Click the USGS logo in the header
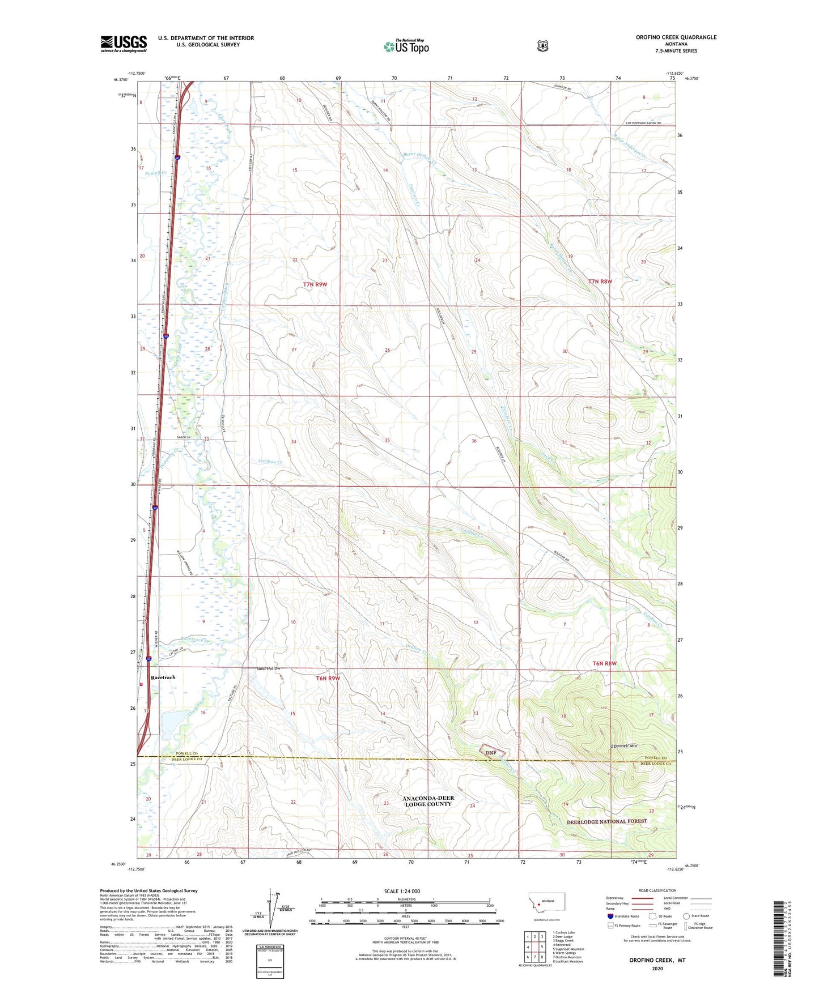[x=124, y=44]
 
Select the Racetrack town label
[x=163, y=677]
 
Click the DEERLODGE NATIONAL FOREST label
[x=606, y=821]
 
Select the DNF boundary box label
[x=491, y=752]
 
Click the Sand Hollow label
[x=269, y=669]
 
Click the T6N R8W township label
[x=604, y=663]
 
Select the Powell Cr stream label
[x=156, y=173]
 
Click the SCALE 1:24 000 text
[x=402, y=891]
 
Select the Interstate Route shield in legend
[x=610, y=915]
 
